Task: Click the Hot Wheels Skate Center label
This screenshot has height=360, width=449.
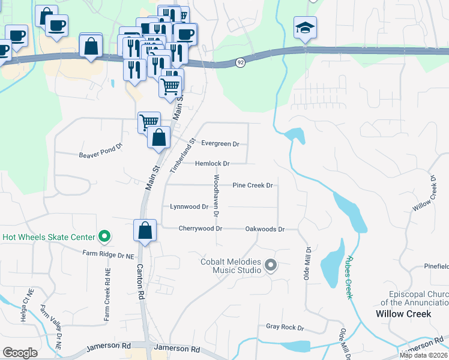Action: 49,236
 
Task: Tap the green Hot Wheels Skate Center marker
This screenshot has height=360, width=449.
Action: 104,236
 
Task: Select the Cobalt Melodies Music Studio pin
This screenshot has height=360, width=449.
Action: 271,265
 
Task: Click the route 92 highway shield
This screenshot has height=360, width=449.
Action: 240,62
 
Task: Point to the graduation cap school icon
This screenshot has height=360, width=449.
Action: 305,28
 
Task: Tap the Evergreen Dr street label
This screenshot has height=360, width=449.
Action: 220,144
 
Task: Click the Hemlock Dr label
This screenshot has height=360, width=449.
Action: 212,163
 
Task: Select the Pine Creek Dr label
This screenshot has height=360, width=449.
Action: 253,185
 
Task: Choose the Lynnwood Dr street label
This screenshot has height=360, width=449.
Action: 189,206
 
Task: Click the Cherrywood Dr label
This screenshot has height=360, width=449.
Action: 200,229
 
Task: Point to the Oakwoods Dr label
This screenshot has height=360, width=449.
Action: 264,229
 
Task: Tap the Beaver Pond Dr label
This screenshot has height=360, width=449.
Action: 100,154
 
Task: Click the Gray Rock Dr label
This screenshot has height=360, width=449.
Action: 285,328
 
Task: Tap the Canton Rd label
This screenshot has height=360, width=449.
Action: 140,281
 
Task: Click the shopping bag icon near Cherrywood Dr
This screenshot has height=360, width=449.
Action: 145,230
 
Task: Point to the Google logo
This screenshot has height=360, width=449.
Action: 20,353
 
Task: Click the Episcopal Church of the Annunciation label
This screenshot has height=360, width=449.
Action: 415,298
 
